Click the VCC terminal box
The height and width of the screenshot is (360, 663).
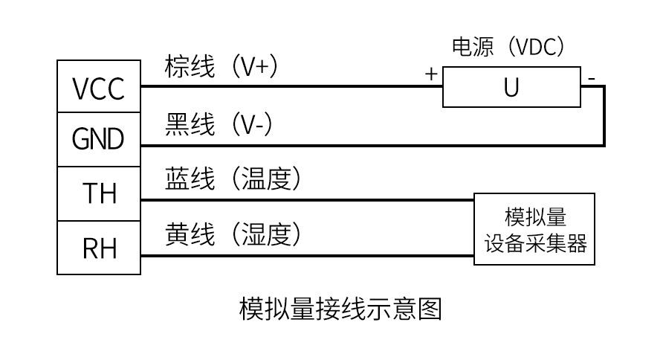pyautogui.click(x=99, y=88)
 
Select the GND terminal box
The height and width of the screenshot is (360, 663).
pyautogui.click(x=99, y=139)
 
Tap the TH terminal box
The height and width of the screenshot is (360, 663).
pyautogui.click(x=99, y=194)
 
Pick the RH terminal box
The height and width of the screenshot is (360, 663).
pyautogui.click(x=99, y=248)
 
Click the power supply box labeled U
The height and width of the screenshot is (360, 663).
pyautogui.click(x=511, y=87)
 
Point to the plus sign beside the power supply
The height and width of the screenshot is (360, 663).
pyautogui.click(x=430, y=74)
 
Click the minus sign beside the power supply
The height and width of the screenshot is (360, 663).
pyautogui.click(x=591, y=76)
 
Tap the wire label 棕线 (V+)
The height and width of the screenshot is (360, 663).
pyautogui.click(x=221, y=67)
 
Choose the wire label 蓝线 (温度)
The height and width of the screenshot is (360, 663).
pyautogui.click(x=232, y=179)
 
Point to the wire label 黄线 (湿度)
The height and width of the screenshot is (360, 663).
pyautogui.click(x=232, y=235)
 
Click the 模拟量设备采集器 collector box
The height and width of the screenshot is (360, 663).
pyautogui.click(x=535, y=229)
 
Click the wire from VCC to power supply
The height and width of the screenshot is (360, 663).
pyautogui.click(x=290, y=86)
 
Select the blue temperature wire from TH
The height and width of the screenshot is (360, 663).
pyautogui.click(x=305, y=200)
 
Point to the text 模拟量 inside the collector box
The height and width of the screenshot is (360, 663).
pyautogui.click(x=535, y=217)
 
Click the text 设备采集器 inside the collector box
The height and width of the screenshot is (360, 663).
pyautogui.click(x=535, y=243)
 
